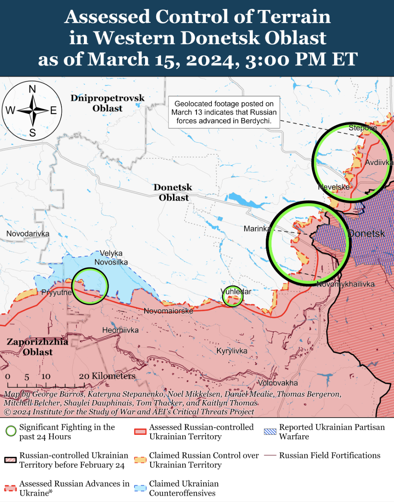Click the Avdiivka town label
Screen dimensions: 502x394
[x=379, y=163]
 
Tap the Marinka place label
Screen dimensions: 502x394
[x=257, y=229]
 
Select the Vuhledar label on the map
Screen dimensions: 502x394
[x=237, y=291]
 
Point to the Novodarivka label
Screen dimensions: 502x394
[x=28, y=234]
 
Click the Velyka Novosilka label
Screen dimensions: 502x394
[x=111, y=258]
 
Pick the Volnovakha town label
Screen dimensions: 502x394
[x=278, y=383]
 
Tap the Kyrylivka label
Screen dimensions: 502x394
[x=232, y=351]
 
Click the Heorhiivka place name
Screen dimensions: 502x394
[x=120, y=330]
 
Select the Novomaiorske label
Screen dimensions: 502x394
[x=168, y=311]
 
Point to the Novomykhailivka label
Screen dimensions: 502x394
[x=345, y=284]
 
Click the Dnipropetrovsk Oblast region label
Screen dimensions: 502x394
[x=107, y=103]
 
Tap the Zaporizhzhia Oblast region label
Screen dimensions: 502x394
[x=38, y=347]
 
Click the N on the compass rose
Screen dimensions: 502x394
[x=32, y=89]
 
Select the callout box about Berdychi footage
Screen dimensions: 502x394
[x=224, y=112]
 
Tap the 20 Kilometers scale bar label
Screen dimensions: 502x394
[x=107, y=376]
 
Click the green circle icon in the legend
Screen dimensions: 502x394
[x=11, y=431]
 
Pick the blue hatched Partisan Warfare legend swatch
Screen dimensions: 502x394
[x=270, y=432]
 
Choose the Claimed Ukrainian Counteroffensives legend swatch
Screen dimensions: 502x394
[x=140, y=488]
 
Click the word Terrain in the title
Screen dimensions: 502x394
[x=294, y=17]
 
